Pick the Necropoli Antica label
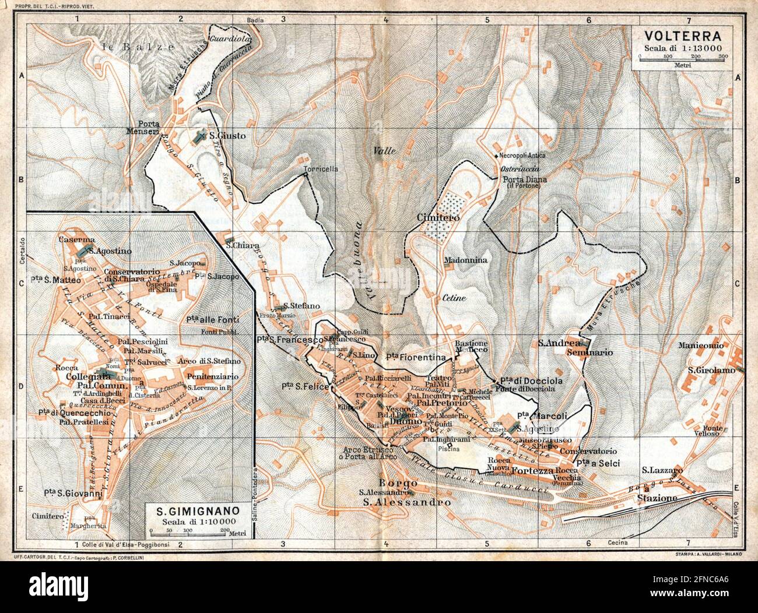click(x=522, y=156)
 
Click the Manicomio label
click(x=701, y=346)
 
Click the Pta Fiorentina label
click(x=415, y=357)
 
